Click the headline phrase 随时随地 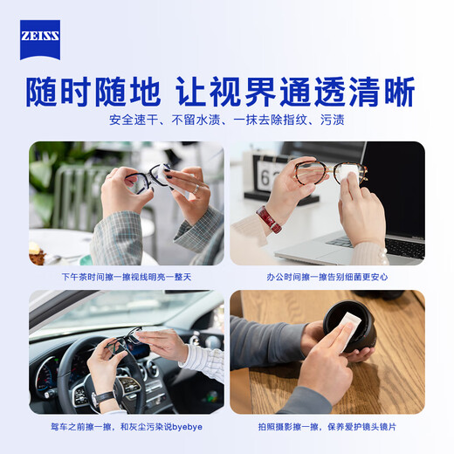(x=93, y=92)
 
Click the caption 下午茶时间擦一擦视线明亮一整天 (x=127, y=277)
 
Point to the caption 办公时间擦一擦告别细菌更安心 (x=327, y=277)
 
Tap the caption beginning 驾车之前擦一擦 (x=127, y=426)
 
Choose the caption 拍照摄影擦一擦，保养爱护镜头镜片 (x=327, y=426)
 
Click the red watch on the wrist (x=269, y=219)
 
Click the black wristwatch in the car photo (x=103, y=398)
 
